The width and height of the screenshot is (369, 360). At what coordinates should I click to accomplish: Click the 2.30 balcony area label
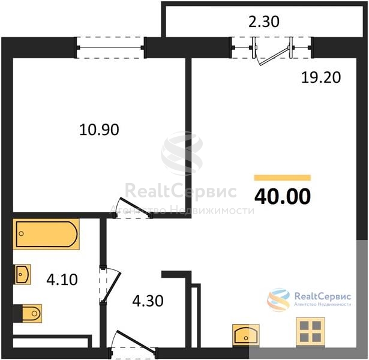point(264,22)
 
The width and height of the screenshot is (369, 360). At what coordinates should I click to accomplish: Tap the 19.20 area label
point(321,77)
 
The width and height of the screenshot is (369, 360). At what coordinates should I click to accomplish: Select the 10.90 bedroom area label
point(99,130)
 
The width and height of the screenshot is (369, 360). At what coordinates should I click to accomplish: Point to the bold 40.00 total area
point(283,196)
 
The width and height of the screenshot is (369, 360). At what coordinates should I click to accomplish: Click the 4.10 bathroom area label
point(62,280)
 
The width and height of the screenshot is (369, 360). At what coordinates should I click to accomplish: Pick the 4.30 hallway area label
point(148,301)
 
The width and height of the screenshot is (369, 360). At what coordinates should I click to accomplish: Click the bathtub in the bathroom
point(46,234)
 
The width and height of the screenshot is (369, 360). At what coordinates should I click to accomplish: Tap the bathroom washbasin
point(23,274)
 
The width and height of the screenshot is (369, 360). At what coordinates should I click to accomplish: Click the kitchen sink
point(246,334)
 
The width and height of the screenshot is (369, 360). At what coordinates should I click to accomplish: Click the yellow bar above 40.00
point(283,178)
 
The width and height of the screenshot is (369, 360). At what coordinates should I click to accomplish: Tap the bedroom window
point(110,48)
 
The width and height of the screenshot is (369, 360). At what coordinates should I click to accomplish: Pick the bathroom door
point(109,284)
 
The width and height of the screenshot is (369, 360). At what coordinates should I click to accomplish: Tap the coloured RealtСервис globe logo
point(278,300)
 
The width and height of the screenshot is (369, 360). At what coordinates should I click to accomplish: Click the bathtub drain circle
point(21,233)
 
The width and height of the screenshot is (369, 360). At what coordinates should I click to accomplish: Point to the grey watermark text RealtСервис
point(181,191)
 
